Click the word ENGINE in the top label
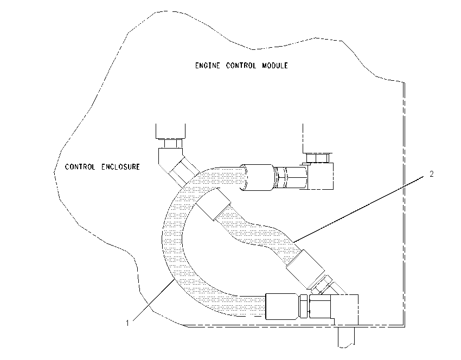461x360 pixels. [207, 65]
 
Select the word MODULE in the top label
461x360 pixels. [275, 65]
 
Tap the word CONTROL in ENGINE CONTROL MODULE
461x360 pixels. [241, 65]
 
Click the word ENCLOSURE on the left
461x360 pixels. [120, 167]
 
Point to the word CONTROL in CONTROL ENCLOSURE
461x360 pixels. [80, 167]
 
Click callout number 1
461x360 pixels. [127, 323]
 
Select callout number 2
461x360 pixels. [431, 174]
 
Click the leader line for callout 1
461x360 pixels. [153, 300]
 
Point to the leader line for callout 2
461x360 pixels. [358, 209]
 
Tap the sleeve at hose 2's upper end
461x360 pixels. [214, 204]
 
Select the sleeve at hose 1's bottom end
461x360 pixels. [281, 306]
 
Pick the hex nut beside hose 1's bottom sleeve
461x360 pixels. [303, 306]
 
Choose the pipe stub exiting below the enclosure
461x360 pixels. [347, 337]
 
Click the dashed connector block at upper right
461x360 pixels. [321, 176]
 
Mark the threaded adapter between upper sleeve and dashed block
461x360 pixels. [291, 177]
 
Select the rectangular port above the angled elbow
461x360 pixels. [170, 131]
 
